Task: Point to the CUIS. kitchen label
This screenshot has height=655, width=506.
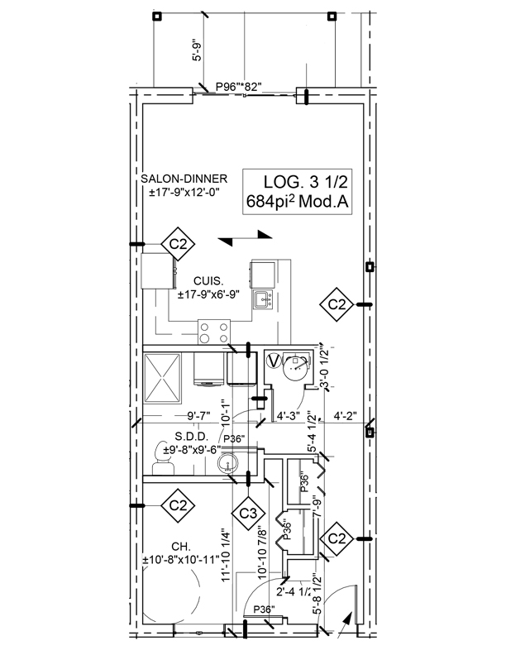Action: [x=207, y=281]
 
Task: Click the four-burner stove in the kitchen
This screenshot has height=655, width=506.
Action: [x=213, y=332]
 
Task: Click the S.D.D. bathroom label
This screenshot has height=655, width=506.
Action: [x=191, y=436]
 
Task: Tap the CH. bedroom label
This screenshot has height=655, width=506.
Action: [x=159, y=547]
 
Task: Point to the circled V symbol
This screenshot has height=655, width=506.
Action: [x=274, y=361]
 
